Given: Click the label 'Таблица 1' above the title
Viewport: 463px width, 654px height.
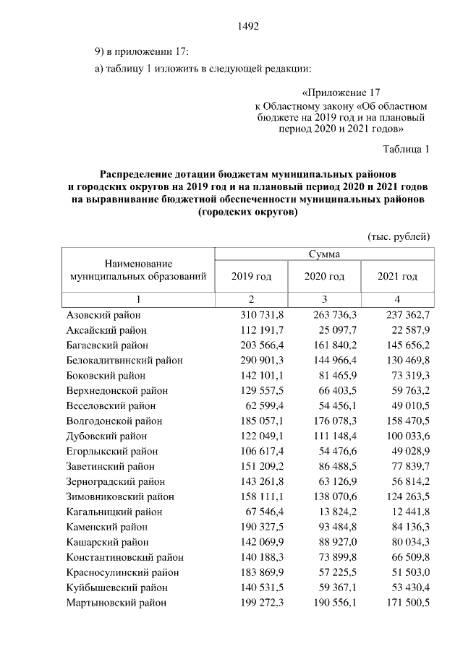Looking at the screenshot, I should tap(405, 150).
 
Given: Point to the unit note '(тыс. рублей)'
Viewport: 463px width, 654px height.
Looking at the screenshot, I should tap(399, 236).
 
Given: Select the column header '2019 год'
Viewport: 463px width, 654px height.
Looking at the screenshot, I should tap(251, 277).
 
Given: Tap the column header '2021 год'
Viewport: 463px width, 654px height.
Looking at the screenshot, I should tap(397, 277).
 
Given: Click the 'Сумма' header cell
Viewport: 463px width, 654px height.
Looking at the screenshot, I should tap(324, 254).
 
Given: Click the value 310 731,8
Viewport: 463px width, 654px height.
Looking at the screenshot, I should tap(262, 315).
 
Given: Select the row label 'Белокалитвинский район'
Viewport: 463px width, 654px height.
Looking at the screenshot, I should tap(124, 360).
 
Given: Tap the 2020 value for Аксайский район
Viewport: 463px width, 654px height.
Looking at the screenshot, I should tap(337, 330).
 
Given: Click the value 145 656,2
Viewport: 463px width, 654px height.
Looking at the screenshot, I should tap(408, 345).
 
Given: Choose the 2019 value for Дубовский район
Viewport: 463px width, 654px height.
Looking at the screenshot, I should tap(262, 436).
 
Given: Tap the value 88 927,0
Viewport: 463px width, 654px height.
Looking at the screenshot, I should tap(337, 542).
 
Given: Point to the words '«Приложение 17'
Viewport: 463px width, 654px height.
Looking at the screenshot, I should tap(339, 92).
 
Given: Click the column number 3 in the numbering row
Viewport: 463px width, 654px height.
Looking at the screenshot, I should tap(324, 298).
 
